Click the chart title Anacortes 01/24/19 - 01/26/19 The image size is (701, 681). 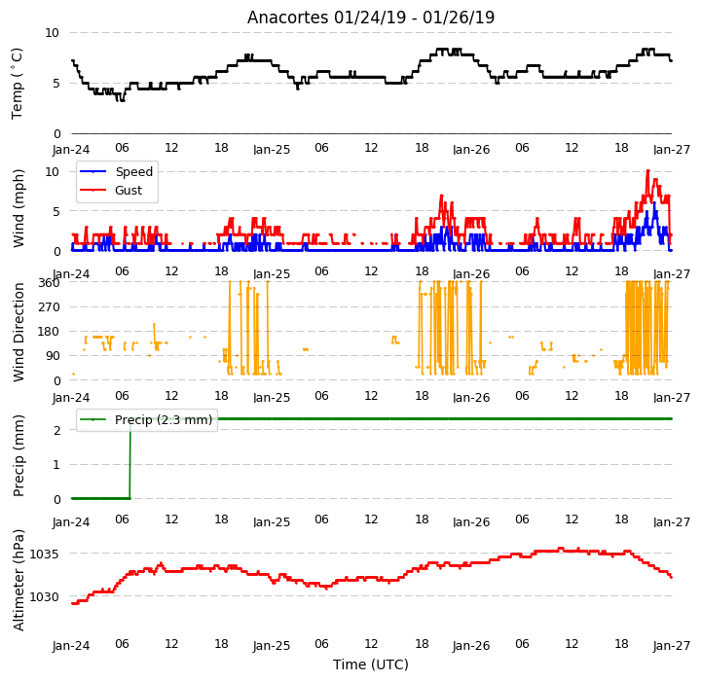371,18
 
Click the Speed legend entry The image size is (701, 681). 116,171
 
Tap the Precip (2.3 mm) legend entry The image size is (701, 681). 146,420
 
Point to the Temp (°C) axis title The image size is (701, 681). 17,84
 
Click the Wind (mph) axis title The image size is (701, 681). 18,208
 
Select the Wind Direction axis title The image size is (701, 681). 18,332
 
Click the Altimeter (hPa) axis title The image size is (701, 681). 18,580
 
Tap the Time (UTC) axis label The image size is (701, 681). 371,664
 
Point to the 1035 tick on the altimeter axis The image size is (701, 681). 44,555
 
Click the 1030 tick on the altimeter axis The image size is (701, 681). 44,596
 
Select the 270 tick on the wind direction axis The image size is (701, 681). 50,307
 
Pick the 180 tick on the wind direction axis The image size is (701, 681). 50,332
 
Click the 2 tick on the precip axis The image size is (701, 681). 56,430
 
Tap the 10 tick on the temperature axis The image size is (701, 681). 52,33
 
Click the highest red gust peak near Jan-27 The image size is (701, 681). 647,170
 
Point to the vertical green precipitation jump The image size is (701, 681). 130,458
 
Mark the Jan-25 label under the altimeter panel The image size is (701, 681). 272,645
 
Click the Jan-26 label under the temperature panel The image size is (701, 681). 471,149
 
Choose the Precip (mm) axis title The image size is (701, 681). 18,456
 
